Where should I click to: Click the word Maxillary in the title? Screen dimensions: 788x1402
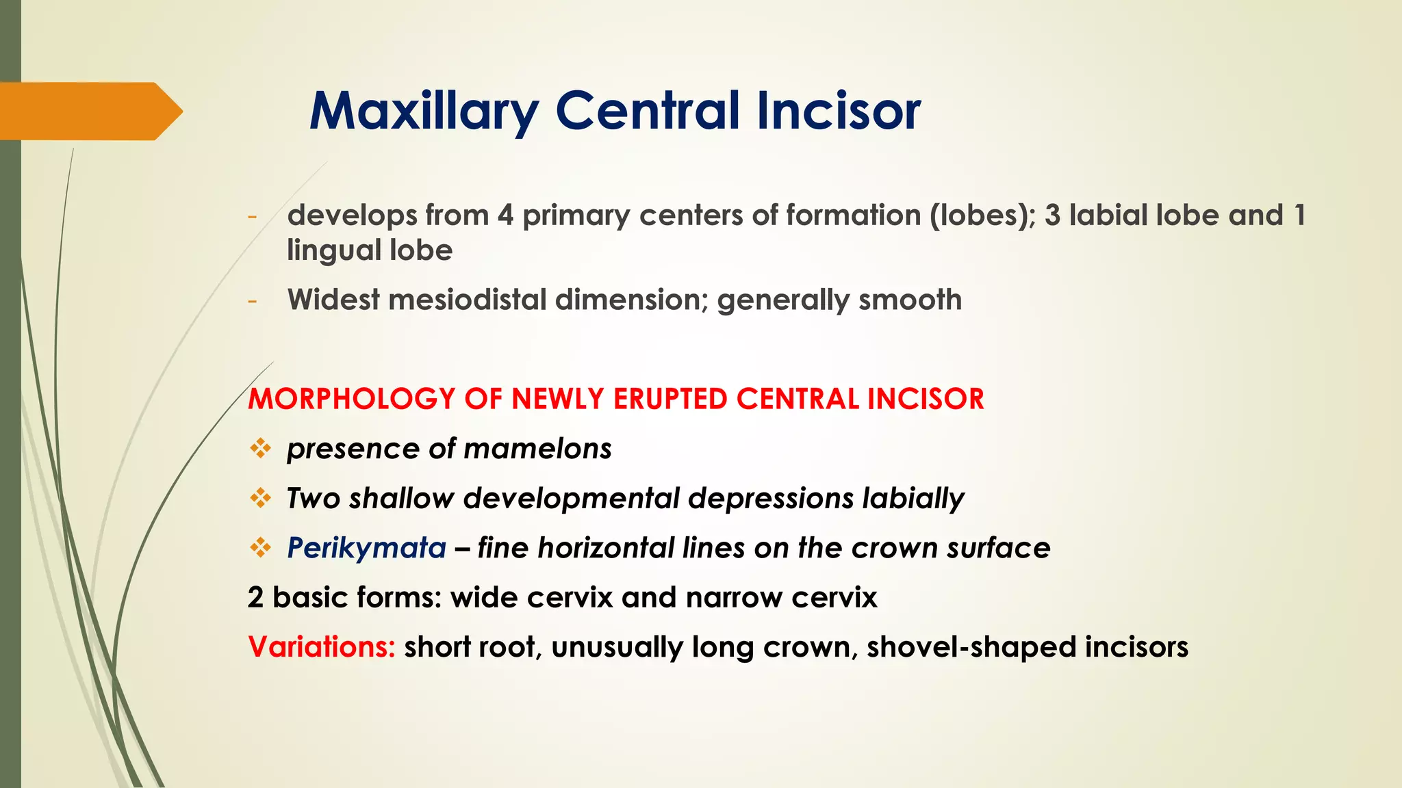tap(424, 111)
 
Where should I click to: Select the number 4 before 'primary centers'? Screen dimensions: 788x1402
tap(505, 216)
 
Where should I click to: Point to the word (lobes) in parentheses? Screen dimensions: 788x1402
tap(982, 216)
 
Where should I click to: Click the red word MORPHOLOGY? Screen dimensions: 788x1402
tap(351, 399)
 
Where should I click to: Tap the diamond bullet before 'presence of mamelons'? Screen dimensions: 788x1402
tap(260, 449)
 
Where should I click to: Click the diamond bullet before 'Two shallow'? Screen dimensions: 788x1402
tap(260, 499)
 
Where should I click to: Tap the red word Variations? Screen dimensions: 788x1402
tap(321, 647)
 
